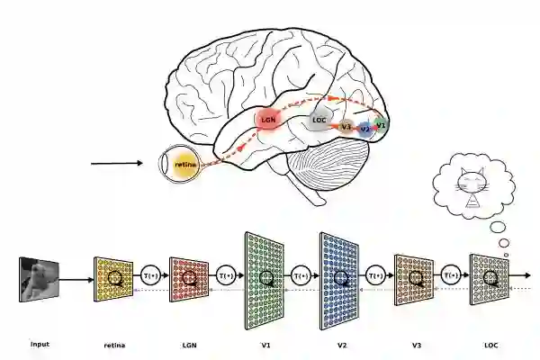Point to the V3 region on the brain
(346, 127)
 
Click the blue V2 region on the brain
(364, 129)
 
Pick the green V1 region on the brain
(381, 123)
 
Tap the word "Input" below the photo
(40, 344)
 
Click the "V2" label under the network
(341, 345)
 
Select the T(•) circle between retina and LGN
(151, 275)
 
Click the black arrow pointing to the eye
(117, 164)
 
